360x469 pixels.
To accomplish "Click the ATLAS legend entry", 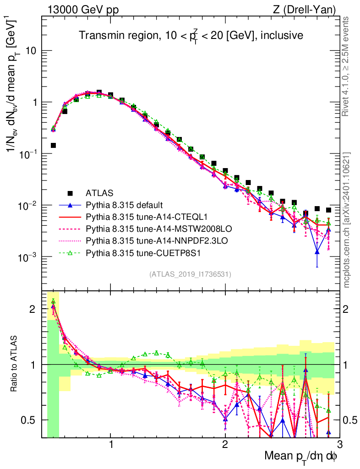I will pyautogui.click(x=99, y=193).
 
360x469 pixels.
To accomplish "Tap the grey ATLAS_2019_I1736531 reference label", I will pyautogui.click(x=190, y=274).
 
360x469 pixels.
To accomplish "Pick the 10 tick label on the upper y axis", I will pyautogui.click(x=32, y=51).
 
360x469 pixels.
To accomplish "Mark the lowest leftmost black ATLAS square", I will pyautogui.click(x=53, y=146).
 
